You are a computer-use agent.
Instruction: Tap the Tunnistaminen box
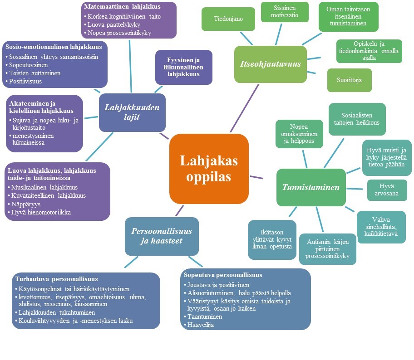311,187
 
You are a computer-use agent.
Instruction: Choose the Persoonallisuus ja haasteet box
161,236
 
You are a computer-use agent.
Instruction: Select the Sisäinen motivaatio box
285,12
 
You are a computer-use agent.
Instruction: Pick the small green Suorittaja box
349,80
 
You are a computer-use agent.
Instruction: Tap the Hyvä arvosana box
387,190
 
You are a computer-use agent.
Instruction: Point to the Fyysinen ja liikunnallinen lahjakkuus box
183,67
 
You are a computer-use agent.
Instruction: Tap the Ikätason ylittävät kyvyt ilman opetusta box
272,239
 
